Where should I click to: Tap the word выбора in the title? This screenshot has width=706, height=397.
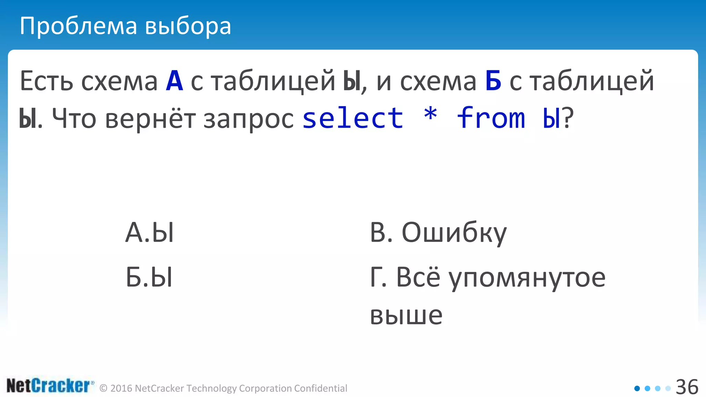[x=188, y=26]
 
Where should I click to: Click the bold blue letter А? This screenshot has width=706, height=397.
[x=174, y=81]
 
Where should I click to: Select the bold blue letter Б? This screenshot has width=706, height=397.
[x=493, y=81]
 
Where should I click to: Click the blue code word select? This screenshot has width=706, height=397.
[x=353, y=118]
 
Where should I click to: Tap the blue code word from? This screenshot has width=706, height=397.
[x=491, y=118]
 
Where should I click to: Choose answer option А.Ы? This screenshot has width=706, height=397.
[x=150, y=233]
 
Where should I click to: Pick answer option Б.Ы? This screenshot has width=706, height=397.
[x=149, y=277]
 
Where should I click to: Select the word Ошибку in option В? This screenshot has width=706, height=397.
[x=454, y=233]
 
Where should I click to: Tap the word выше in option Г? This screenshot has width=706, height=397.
[x=406, y=315]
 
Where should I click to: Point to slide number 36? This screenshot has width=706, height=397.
[x=687, y=387]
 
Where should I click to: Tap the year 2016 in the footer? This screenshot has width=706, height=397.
[x=121, y=388]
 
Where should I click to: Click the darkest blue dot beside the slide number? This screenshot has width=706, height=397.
[x=637, y=388]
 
